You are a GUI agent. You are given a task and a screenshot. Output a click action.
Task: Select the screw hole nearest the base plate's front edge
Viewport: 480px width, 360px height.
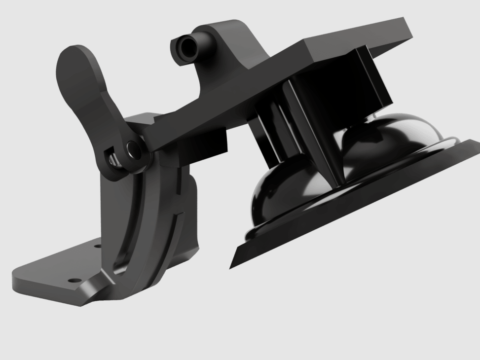75,280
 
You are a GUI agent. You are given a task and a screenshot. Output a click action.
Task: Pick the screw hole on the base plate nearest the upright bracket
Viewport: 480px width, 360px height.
97,245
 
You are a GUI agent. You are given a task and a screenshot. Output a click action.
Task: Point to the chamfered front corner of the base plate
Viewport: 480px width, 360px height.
91,294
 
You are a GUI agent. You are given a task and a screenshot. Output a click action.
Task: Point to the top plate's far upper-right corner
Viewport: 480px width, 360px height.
406,20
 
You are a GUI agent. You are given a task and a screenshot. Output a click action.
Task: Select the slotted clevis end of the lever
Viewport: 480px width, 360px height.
113,155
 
